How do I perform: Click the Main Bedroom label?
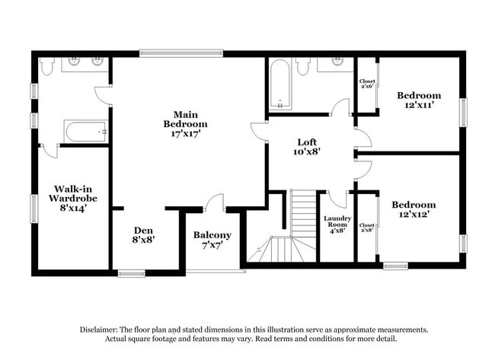point(185,123)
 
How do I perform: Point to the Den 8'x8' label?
point(143,234)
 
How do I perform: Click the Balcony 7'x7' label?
point(212,240)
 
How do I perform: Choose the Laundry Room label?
point(337,225)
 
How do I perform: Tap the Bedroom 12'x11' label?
point(419,100)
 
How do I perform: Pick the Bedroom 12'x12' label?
point(414,209)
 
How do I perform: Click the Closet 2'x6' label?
point(366,83)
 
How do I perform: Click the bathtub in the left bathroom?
point(86,131)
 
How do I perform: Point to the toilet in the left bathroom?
point(47,68)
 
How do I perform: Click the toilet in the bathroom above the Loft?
point(303,67)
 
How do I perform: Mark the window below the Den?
point(131,272)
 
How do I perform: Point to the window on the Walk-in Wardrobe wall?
point(34,209)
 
